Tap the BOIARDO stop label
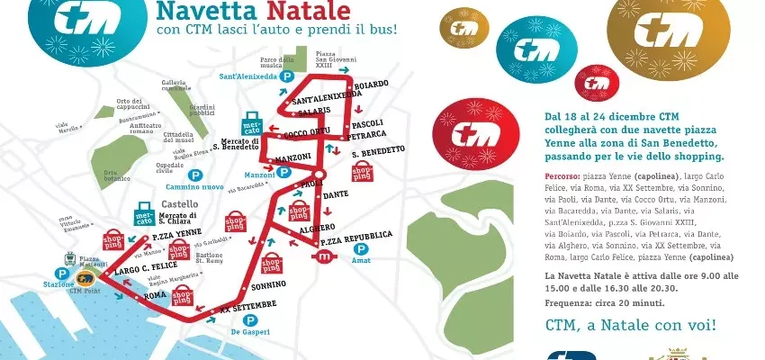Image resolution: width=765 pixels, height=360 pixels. click(x=371, y=84)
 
